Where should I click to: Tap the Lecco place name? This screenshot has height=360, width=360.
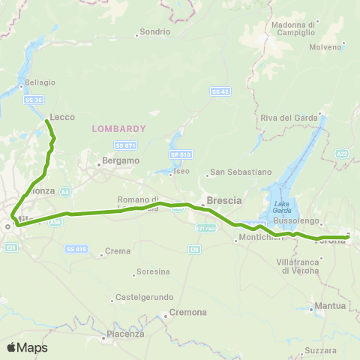[x=61, y=117]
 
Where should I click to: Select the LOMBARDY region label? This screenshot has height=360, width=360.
[x=118, y=128]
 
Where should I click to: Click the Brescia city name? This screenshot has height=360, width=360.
[x=224, y=202]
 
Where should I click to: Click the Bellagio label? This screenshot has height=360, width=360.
[x=40, y=82]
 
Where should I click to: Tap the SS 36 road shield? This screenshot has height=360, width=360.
[x=32, y=100]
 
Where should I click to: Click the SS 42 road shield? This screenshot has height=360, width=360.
[x=219, y=91]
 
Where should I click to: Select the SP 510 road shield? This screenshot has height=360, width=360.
[x=178, y=154]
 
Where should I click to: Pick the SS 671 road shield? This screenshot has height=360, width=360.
[x=124, y=145]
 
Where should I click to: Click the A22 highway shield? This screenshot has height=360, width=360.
[x=343, y=154]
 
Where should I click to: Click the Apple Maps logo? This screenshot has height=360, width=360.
[x=28, y=347]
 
